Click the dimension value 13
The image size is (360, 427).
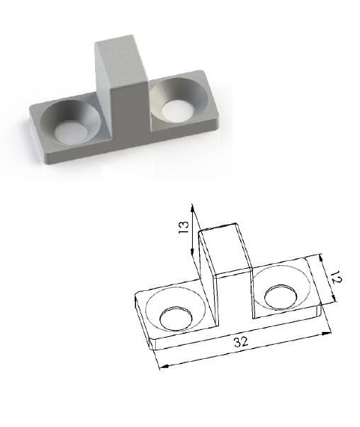point(184,227)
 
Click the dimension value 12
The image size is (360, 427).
point(337,277)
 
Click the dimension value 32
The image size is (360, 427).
point(241,342)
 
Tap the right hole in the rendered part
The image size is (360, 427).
point(178,110)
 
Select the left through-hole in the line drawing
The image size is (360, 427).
point(176,318)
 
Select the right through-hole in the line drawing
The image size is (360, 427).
point(281,296)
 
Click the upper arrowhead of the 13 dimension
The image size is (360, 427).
point(193,209)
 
